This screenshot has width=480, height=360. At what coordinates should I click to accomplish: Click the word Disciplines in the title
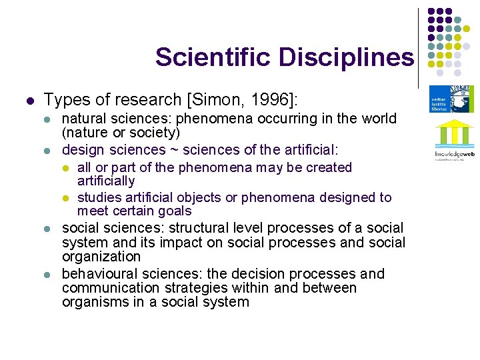click(x=346, y=57)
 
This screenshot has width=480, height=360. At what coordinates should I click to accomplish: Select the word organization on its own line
click(x=101, y=257)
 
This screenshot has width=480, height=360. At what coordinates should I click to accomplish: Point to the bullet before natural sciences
click(x=47, y=119)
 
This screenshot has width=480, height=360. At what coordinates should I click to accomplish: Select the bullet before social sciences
click(x=47, y=229)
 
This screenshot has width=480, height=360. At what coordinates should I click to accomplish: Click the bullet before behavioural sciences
click(x=47, y=275)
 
